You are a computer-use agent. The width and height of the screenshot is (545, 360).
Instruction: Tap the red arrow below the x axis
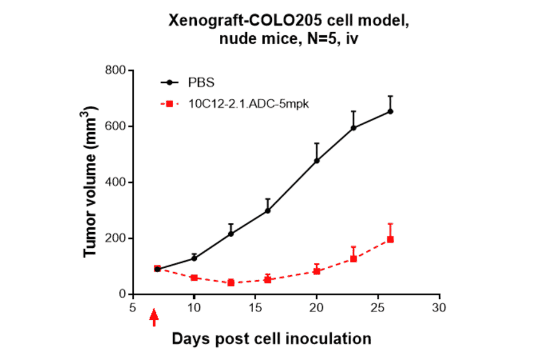tap(154, 317)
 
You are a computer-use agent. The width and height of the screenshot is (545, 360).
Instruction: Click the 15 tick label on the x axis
tap(255, 308)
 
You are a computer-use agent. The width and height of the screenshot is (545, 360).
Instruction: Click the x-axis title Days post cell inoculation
tap(271, 338)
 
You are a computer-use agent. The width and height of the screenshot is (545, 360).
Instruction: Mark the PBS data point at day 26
tap(390, 112)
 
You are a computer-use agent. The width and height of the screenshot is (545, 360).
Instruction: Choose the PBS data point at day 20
tap(317, 161)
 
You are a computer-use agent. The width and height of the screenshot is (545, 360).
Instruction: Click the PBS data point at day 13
tap(231, 233)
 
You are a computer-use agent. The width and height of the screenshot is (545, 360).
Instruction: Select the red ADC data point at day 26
tap(390, 239)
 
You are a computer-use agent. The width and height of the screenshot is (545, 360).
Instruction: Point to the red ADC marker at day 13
tap(231, 282)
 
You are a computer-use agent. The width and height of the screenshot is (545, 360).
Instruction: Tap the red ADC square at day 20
tap(317, 271)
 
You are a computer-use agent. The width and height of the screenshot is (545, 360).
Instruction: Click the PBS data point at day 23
tap(353, 128)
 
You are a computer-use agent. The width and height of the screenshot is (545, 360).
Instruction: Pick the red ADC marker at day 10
tap(194, 278)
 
